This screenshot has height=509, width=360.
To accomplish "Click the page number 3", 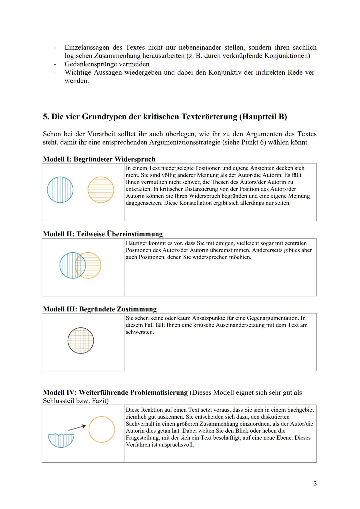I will (315, 484).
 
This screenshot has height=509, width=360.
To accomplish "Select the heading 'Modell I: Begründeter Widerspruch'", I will (99, 159).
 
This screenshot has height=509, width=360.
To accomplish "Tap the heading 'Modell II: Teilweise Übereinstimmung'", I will (103, 234).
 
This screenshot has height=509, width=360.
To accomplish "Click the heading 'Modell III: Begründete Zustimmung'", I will (100, 309).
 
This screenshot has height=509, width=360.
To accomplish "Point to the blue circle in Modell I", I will (60, 190).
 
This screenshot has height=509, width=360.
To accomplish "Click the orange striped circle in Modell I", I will (101, 190).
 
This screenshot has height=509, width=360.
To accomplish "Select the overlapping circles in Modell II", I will (80, 265).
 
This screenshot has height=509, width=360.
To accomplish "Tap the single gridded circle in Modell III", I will (81, 341).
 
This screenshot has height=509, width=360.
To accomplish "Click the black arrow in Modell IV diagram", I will (77, 427).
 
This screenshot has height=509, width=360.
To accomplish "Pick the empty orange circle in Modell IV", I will (102, 429).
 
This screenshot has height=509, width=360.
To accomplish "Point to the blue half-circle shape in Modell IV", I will (61, 440).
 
